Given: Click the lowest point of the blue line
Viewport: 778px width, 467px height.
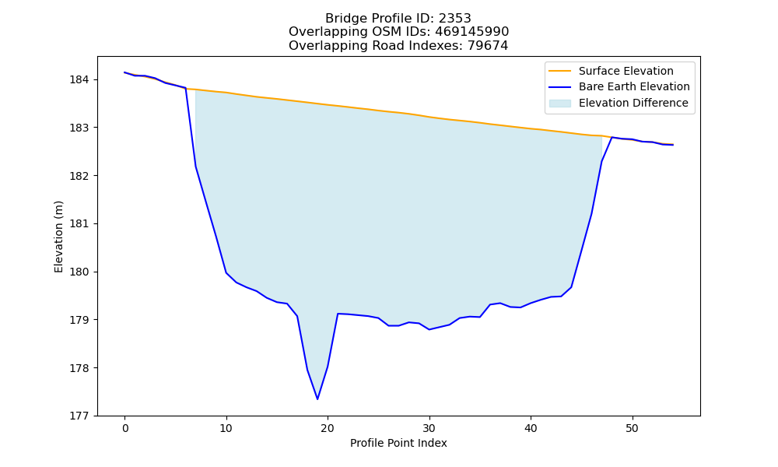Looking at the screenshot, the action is [x=317, y=399].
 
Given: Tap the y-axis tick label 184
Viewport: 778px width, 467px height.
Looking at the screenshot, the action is [x=81, y=80].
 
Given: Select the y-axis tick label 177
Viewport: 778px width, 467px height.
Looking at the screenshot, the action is [x=81, y=416].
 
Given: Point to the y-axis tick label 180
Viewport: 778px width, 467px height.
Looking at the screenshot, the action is [x=81, y=272].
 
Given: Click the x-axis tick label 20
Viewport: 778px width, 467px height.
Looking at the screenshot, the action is [x=328, y=428].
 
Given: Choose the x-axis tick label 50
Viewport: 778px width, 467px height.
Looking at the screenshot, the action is [x=632, y=428].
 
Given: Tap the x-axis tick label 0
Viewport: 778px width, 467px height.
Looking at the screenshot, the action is [x=125, y=428].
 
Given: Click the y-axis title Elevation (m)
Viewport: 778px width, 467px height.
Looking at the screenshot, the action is [x=58, y=237].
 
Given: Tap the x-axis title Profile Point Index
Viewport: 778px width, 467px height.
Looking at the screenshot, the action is [x=398, y=443].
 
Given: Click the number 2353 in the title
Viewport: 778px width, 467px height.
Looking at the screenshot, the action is [x=454, y=19].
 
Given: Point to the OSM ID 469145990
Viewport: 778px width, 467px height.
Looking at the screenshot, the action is [x=472, y=32].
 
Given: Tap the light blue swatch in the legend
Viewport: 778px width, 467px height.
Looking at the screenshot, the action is [x=559, y=104].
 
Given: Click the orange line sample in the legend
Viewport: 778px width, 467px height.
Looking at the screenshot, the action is [x=559, y=71].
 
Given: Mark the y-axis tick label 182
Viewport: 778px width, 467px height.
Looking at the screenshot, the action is [x=81, y=176].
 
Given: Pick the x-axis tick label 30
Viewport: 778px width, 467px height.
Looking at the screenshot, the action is [x=429, y=428].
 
